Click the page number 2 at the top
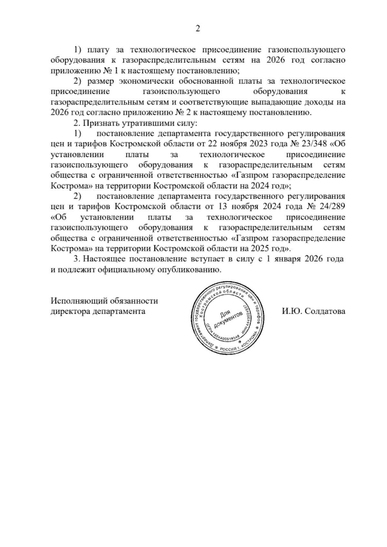point(198,29)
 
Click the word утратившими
point(145,123)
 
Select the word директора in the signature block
point(70,312)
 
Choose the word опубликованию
point(189,270)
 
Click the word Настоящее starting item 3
point(104,259)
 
